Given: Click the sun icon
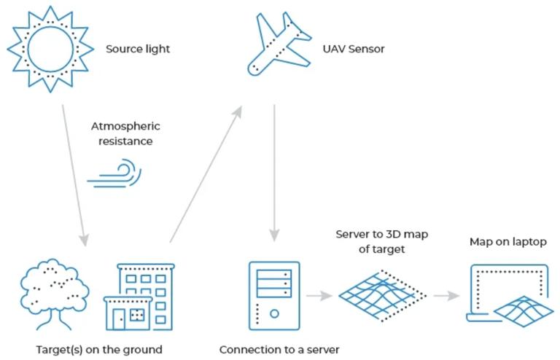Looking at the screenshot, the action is (x=50, y=49).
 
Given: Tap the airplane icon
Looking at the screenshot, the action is (x=279, y=44).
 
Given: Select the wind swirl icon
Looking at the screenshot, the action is (x=114, y=173).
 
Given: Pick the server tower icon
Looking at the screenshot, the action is (x=274, y=296).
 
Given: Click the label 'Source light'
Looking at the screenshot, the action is (x=138, y=49).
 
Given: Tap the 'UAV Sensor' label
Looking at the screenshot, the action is (x=354, y=49).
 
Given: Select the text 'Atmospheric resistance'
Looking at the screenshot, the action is (x=125, y=133).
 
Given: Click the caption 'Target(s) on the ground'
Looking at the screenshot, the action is (x=99, y=350).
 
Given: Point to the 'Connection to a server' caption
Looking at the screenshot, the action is (x=279, y=350).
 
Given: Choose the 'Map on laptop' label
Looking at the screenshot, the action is (x=507, y=242).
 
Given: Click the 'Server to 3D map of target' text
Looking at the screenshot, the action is (x=382, y=241).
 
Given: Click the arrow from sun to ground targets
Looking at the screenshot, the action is (x=74, y=176).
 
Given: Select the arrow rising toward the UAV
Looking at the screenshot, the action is (x=206, y=174).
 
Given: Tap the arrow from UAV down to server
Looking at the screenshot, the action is (x=274, y=173).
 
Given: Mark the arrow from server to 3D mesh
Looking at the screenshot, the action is (x=319, y=295).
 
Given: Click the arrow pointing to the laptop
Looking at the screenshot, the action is (x=446, y=295).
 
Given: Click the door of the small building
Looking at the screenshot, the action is (x=119, y=319).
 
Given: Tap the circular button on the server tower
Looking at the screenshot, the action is (x=274, y=313).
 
